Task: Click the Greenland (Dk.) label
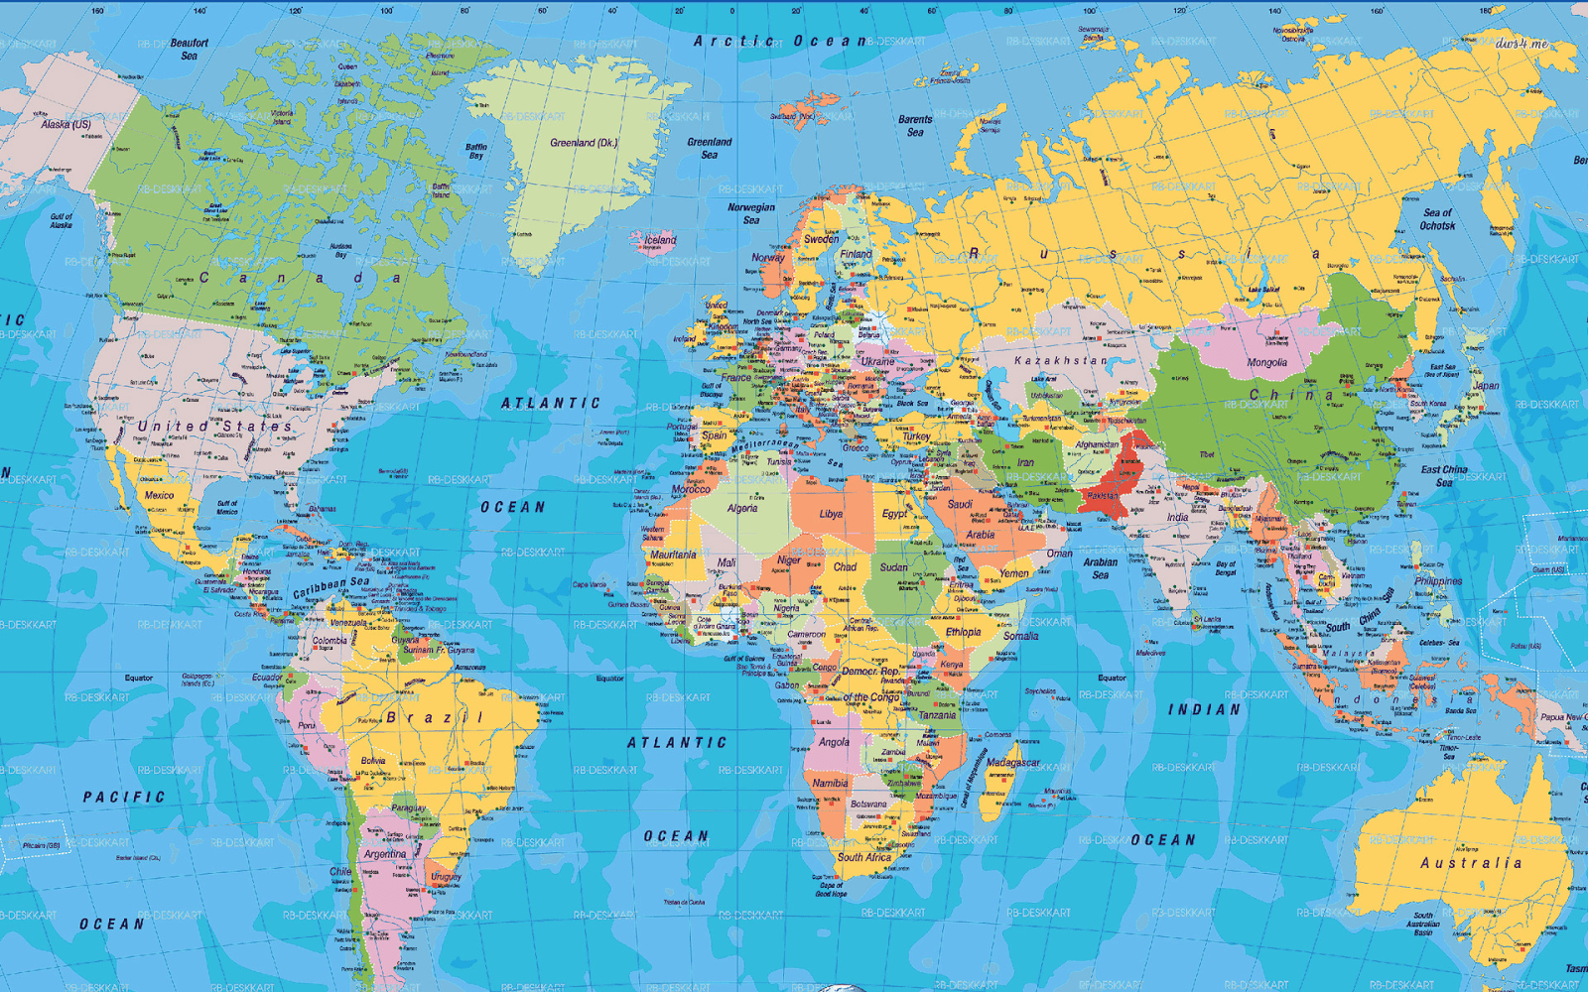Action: click(584, 143)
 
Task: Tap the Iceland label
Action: click(660, 240)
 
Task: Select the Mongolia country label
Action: click(1266, 363)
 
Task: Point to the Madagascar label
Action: click(1013, 763)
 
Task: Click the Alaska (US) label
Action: click(66, 125)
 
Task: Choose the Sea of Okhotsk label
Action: click(1437, 219)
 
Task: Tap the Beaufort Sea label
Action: click(189, 50)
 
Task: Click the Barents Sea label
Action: click(915, 126)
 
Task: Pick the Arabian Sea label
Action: click(1100, 568)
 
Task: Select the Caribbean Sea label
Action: click(331, 587)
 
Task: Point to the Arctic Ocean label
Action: click(779, 42)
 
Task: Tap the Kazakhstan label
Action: click(1060, 361)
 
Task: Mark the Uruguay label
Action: click(446, 877)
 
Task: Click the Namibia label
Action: click(830, 783)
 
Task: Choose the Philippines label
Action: click(1438, 581)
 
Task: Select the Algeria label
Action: click(741, 508)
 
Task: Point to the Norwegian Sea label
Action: click(751, 213)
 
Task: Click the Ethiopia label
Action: click(963, 632)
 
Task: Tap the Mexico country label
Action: click(159, 495)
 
